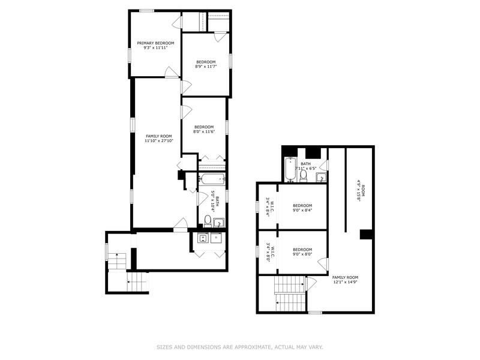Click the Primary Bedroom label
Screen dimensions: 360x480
click(x=155, y=43)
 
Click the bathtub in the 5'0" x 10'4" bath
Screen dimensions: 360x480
click(x=212, y=178)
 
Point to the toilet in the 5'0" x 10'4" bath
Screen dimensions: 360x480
click(x=207, y=220)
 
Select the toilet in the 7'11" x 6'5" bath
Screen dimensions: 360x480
click(x=304, y=175)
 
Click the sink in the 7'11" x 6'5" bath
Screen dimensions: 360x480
click(x=321, y=177)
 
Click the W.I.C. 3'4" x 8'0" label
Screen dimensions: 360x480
click(x=271, y=253)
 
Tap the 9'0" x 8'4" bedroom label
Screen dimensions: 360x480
click(x=302, y=208)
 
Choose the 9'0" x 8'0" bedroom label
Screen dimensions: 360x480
click(x=302, y=252)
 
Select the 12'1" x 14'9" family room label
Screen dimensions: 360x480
click(x=345, y=280)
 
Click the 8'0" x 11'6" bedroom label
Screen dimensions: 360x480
click(x=203, y=129)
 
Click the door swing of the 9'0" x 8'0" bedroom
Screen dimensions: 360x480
click(x=323, y=263)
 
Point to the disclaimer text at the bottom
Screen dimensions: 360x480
click(x=239, y=347)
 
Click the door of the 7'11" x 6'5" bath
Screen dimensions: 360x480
click(x=323, y=164)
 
